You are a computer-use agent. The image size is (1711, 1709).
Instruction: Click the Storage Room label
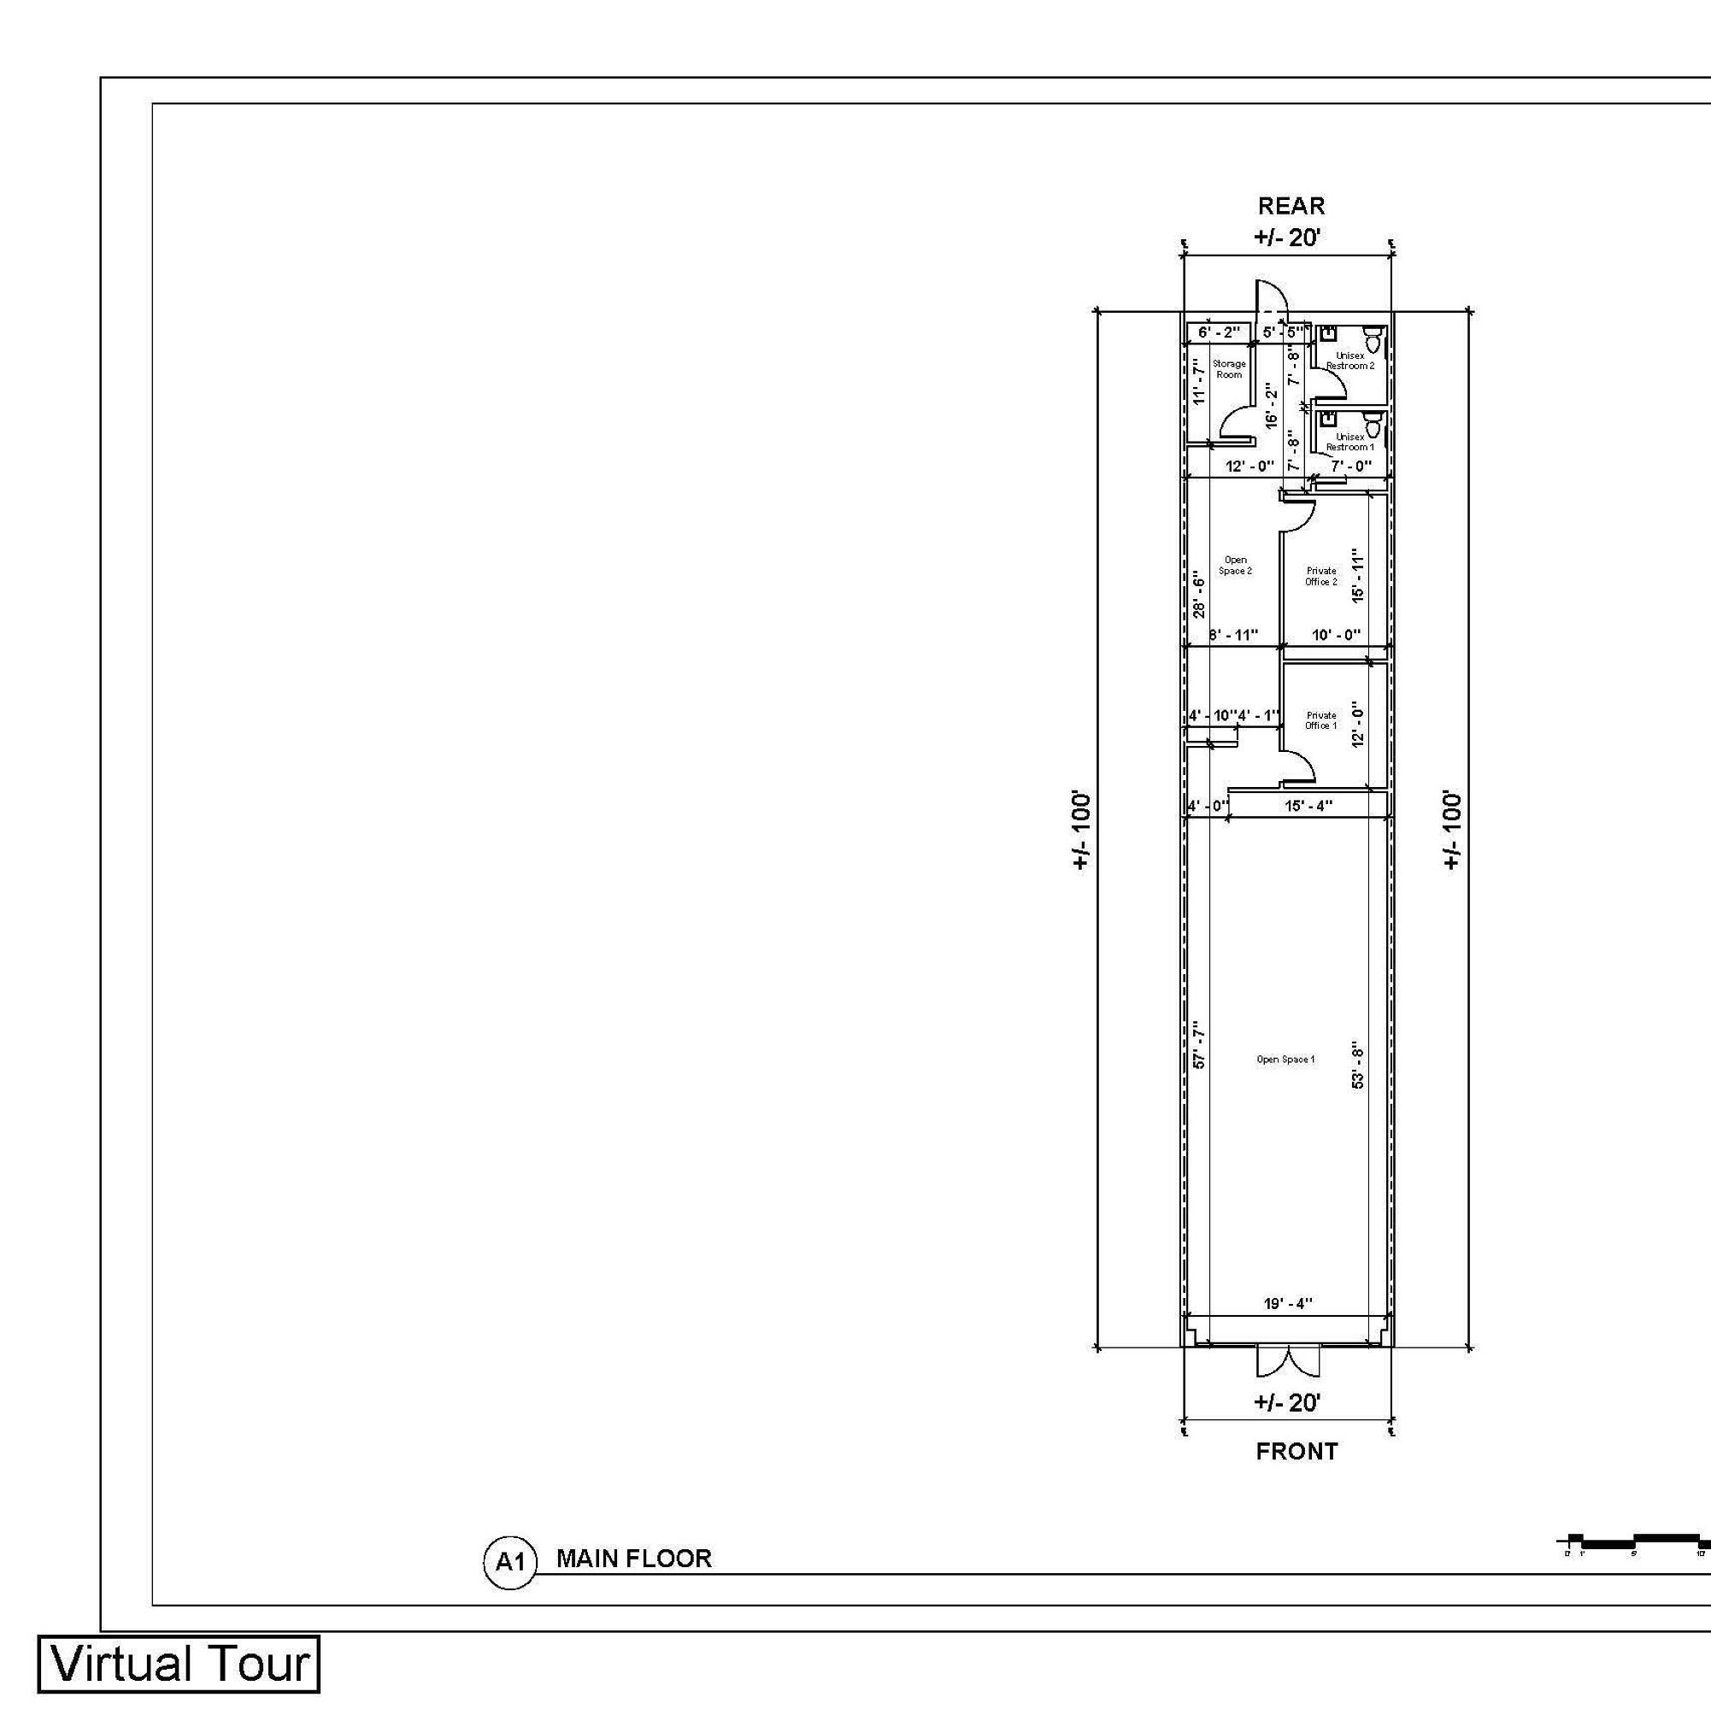pos(1228,369)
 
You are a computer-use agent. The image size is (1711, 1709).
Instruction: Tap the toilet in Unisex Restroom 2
pos(1373,339)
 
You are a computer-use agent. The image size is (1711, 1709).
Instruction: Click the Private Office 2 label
pos(1320,577)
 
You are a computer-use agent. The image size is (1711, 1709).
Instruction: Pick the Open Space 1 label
pos(1285,1059)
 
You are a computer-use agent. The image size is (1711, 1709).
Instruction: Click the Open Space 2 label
pos(1236,565)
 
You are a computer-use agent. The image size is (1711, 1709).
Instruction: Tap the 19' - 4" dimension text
pos(1288,1303)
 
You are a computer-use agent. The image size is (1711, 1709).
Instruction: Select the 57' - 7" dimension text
pos(1199,1045)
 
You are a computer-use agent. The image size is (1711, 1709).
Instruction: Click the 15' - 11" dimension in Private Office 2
pos(1359,576)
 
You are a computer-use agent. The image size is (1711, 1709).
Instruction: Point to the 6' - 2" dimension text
pos(1220,333)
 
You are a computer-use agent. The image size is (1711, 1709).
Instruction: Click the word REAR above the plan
pos(1291,206)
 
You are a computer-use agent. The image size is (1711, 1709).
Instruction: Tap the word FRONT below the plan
pos(1296,1451)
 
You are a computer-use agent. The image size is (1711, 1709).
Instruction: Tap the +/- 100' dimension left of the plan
pos(1080,830)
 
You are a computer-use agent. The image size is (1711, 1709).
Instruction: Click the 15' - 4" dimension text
pos(1309,806)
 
